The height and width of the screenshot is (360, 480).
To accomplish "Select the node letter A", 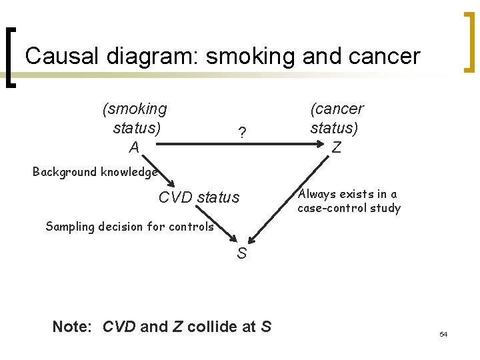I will [134, 147].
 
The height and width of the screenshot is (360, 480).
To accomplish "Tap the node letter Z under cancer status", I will [337, 147].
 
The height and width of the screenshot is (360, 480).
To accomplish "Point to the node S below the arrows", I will [241, 253].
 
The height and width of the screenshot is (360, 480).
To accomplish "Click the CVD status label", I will [199, 197].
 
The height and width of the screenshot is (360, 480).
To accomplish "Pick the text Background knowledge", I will [95, 172].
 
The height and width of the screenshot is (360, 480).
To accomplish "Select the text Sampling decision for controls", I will [129, 226].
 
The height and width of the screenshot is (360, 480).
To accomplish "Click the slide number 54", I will [443, 333].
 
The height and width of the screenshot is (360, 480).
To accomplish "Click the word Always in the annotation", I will [317, 194].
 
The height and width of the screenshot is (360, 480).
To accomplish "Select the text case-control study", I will [349, 209].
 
